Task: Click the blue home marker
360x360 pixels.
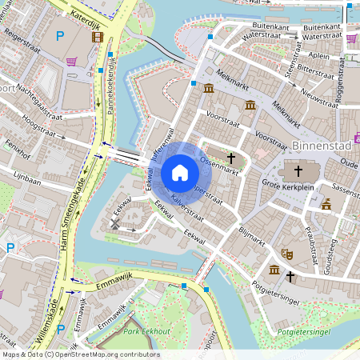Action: coord(180,172)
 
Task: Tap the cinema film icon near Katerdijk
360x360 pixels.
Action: coord(98,36)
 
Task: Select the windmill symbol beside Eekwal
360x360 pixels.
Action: coord(114,225)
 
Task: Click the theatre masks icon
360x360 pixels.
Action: coord(287,254)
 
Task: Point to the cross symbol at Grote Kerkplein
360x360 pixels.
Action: coord(299,170)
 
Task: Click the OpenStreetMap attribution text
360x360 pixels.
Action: coord(80,354)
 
